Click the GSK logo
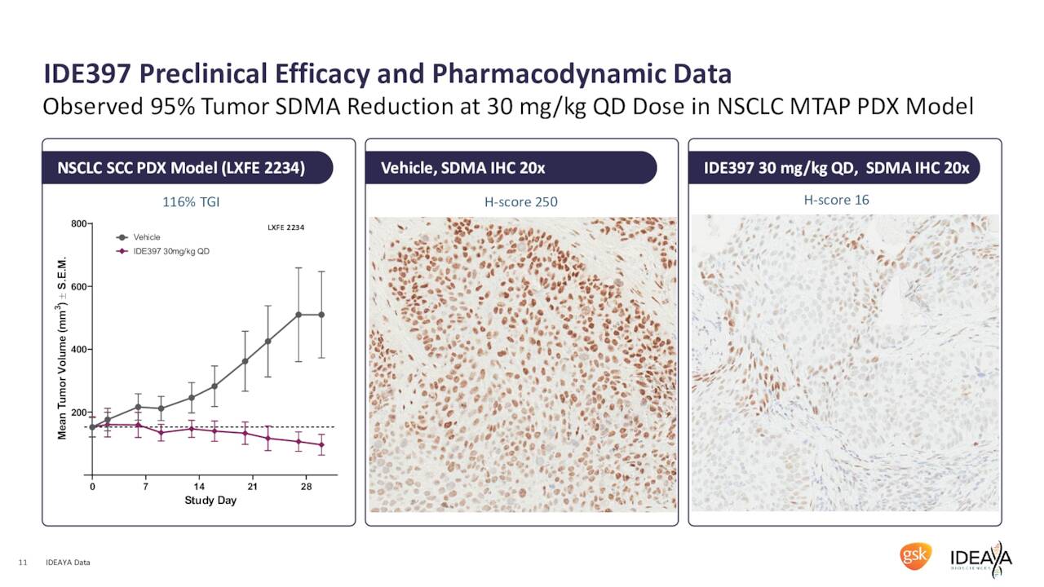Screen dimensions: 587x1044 (914, 557)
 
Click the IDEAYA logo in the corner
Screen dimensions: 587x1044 (981, 559)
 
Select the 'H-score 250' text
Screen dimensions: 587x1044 (521, 201)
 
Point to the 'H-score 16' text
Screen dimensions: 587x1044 (836, 199)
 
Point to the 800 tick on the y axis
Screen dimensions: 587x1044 (78, 223)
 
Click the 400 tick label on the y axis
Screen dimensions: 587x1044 (78, 349)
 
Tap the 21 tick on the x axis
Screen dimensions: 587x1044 (253, 487)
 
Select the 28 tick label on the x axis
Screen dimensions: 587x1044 (306, 487)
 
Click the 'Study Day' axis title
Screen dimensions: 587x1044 (210, 501)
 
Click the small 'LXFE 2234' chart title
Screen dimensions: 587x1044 (285, 226)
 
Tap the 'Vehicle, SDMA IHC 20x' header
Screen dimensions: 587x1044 (462, 169)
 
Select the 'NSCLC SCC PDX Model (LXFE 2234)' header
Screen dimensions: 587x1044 (181, 169)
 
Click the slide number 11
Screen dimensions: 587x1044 (23, 563)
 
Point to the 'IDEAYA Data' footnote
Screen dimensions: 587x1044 (69, 563)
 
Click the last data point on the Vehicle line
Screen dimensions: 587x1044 (321, 315)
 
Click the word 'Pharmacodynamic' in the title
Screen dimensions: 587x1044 (582, 74)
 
